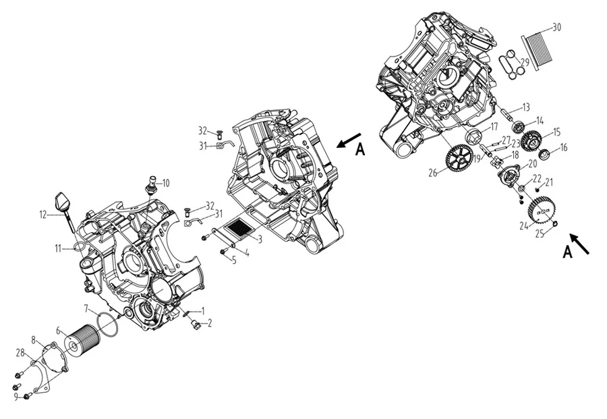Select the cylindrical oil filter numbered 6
tap(82, 340)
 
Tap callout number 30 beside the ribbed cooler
tap(556, 27)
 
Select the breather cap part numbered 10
tap(152, 184)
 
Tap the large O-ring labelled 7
tap(109, 324)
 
